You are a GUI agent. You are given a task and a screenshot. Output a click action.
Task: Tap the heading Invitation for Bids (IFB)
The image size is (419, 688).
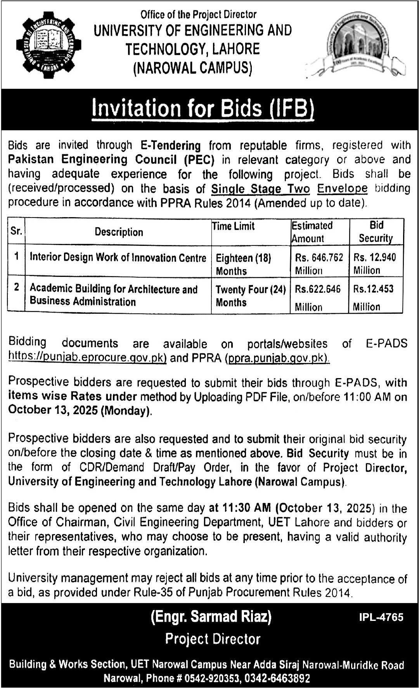[203, 109]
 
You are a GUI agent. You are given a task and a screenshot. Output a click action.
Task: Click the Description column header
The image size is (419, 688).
[119, 232]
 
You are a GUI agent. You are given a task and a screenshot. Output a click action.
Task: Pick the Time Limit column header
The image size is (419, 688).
[234, 226]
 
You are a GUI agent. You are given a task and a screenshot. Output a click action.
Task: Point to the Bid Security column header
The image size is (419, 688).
[376, 232]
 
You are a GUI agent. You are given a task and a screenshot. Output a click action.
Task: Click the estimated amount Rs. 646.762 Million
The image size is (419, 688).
[319, 264]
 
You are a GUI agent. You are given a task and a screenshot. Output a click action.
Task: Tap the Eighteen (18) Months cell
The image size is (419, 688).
[243, 264]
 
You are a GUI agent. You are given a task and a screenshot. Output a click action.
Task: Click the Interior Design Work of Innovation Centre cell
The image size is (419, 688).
[118, 258]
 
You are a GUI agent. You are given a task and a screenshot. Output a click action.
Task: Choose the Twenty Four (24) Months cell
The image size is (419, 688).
[250, 296]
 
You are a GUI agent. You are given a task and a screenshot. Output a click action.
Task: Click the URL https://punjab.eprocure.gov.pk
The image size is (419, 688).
[88, 358]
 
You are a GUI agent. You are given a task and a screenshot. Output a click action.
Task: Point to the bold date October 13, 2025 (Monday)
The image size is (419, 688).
[80, 411]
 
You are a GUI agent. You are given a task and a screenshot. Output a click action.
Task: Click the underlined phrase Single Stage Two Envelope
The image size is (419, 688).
[289, 188]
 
